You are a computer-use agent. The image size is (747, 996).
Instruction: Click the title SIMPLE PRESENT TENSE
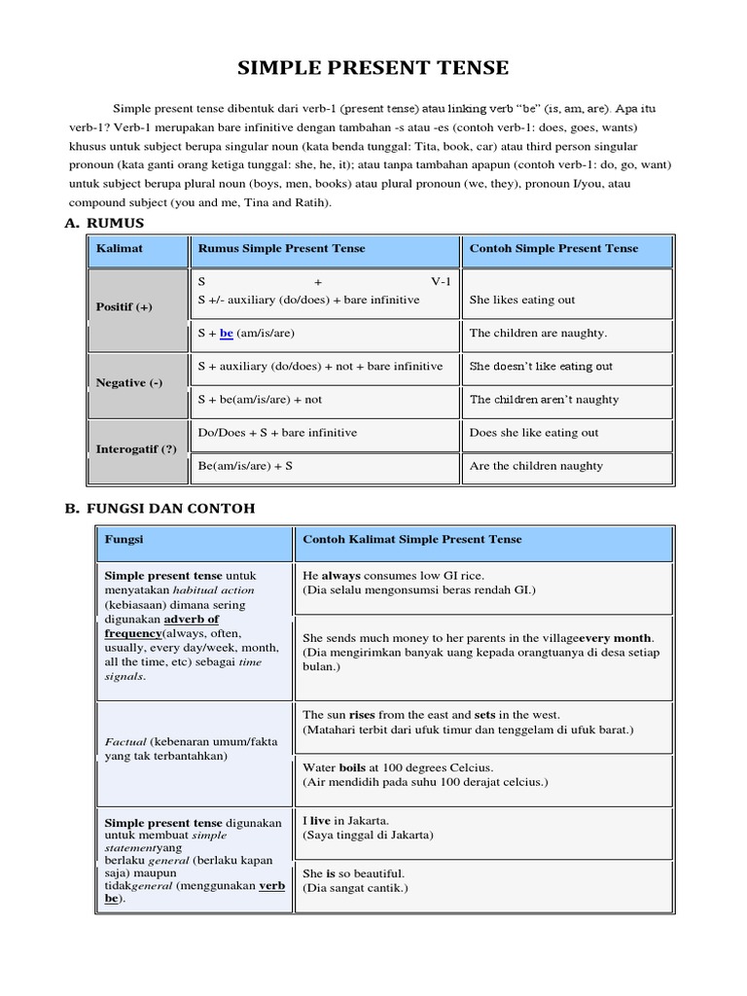tap(373, 67)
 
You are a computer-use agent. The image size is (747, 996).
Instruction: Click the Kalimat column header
tap(120, 249)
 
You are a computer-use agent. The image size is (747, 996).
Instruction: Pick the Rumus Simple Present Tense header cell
tap(281, 249)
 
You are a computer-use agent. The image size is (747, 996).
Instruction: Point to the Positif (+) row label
tap(124, 307)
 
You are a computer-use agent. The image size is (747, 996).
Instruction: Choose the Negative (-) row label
tap(128, 382)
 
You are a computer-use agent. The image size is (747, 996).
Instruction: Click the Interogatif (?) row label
tap(135, 448)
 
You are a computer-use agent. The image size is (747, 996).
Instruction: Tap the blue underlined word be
tap(227, 333)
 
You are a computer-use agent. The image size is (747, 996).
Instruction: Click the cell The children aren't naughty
tap(544, 399)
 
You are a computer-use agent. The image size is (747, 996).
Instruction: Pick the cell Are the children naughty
tap(536, 466)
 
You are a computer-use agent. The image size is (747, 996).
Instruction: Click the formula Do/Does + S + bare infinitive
tap(277, 433)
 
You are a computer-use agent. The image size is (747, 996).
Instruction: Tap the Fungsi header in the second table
tap(124, 539)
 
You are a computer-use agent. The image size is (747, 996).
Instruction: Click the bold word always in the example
tap(341, 576)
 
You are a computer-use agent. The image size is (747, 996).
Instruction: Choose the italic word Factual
tap(124, 741)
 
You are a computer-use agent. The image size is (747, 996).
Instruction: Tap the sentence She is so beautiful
tap(353, 873)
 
